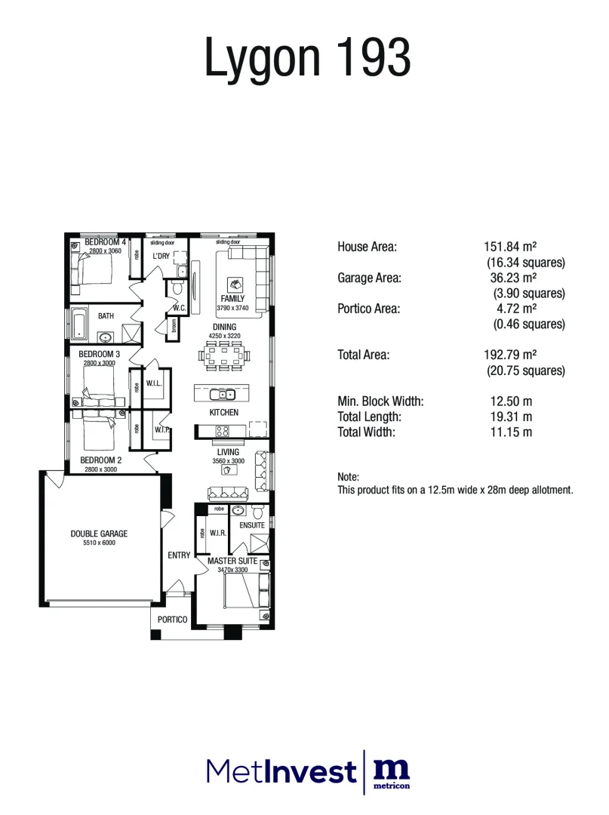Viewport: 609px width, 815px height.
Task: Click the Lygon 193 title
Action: pyautogui.click(x=308, y=58)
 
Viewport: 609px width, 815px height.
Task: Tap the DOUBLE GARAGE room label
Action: pyautogui.click(x=99, y=534)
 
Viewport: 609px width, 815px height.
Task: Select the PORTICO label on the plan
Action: pyautogui.click(x=172, y=620)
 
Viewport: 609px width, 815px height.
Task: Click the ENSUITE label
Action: pyautogui.click(x=251, y=525)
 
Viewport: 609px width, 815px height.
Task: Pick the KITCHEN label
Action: pyautogui.click(x=224, y=413)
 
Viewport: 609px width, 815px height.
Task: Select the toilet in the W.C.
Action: pyautogui.click(x=178, y=288)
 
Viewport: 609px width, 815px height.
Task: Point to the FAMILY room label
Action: pyautogui.click(x=232, y=299)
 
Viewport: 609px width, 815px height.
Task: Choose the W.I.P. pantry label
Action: pyautogui.click(x=161, y=430)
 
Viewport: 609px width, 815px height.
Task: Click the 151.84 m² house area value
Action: pyautogui.click(x=509, y=247)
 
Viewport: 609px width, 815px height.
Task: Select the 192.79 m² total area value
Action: pyautogui.click(x=509, y=355)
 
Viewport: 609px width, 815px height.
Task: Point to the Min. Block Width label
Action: pyautogui.click(x=380, y=401)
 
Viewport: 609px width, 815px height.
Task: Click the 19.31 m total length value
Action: pyautogui.click(x=511, y=417)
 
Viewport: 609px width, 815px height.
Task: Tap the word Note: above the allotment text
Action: pyautogui.click(x=349, y=477)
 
